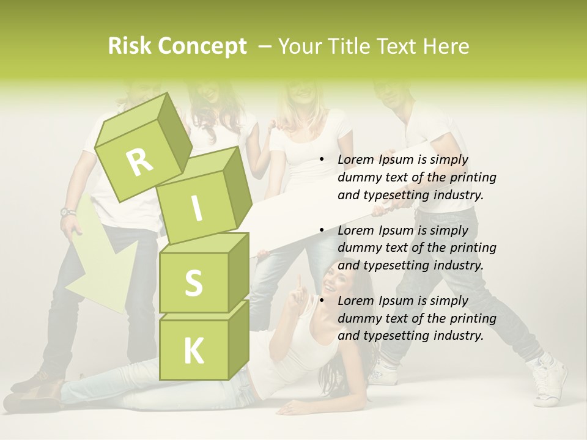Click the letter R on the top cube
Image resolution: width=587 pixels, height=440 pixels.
tap(139, 162)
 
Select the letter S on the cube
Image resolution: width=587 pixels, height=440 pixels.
tap(193, 283)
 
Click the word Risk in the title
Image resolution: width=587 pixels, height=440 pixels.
tap(130, 46)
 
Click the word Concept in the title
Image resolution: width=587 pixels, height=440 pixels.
tap(203, 46)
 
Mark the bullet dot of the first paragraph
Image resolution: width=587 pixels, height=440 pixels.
tap(322, 160)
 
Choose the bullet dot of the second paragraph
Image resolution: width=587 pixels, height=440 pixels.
tap(322, 230)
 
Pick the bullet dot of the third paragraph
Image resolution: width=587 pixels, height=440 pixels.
tap(322, 301)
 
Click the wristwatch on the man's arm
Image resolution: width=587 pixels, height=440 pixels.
tap(68, 213)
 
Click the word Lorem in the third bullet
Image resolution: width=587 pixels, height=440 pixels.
tap(356, 301)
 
